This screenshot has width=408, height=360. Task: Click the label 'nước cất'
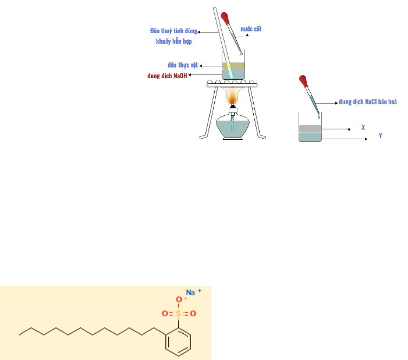point(260,29)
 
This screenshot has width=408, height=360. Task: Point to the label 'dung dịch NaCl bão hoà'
point(368,102)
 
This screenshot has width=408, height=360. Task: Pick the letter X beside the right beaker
point(363,126)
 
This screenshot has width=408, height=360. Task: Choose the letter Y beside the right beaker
point(380,135)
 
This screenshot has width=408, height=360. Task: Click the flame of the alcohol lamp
point(233,96)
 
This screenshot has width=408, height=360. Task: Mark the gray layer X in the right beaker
point(310,129)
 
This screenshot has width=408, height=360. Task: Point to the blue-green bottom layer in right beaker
point(310,137)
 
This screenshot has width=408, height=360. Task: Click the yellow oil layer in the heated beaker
point(233,65)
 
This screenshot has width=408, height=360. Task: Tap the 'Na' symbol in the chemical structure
point(190,292)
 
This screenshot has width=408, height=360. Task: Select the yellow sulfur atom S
point(179,313)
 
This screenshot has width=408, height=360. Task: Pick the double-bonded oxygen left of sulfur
point(165,313)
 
